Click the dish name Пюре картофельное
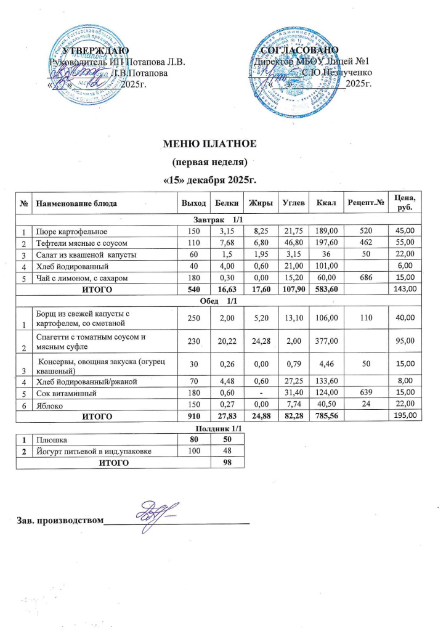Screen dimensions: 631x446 [x=72, y=232]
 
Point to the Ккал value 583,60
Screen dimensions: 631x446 [x=326, y=288]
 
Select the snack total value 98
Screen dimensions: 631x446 [x=230, y=463]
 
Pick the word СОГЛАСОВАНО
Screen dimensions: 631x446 [x=299, y=49]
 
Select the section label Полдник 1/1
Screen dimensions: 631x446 [x=216, y=428]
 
